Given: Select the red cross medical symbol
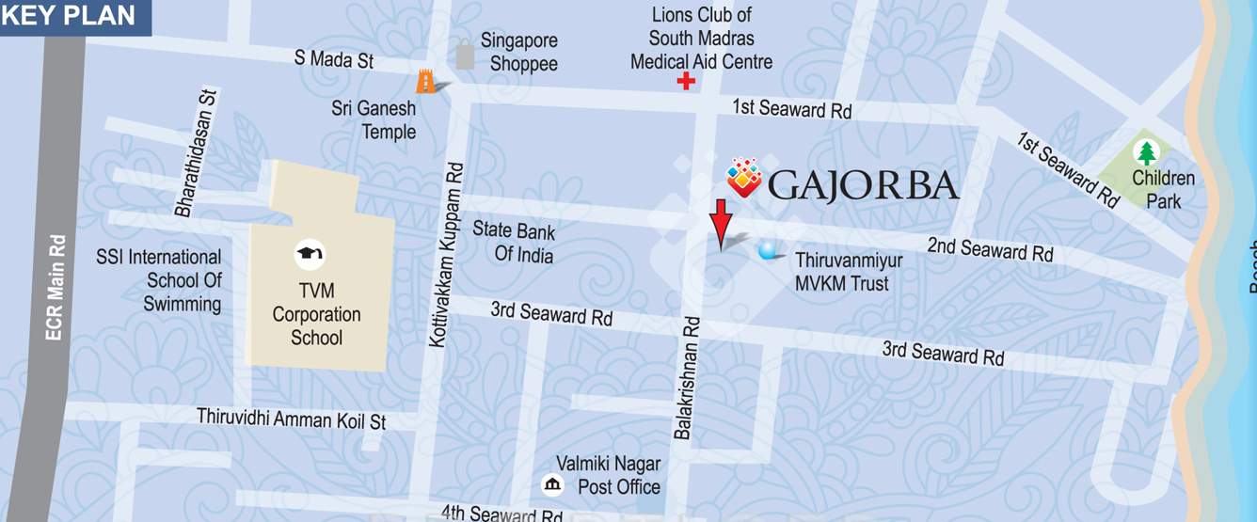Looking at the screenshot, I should pyautogui.click(x=687, y=82).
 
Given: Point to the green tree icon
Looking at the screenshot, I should pyautogui.click(x=1146, y=152).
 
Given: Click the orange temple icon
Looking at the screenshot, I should pyautogui.click(x=427, y=82).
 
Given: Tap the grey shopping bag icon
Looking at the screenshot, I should pyautogui.click(x=465, y=55).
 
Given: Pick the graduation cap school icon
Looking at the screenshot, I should pyautogui.click(x=309, y=253).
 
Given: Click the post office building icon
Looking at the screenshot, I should pyautogui.click(x=553, y=484).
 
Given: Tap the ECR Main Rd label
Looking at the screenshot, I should pyautogui.click(x=56, y=287).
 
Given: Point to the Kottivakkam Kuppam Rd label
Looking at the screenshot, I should pyautogui.click(x=446, y=255).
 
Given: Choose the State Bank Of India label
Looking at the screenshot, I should pyautogui.click(x=514, y=243).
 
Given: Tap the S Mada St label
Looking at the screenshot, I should pyautogui.click(x=334, y=59).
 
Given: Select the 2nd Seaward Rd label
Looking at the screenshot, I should pyautogui.click(x=990, y=249).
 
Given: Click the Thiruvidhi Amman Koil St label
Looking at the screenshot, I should pyautogui.click(x=291, y=419).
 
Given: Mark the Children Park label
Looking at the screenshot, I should pyautogui.click(x=1163, y=189).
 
